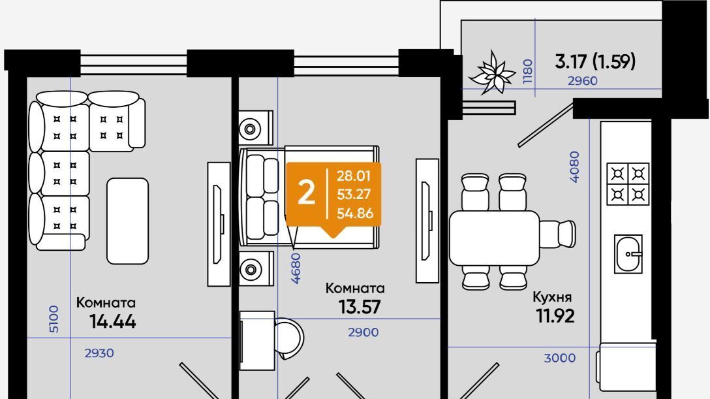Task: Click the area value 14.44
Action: click(113, 321)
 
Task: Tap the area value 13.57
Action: click(360, 307)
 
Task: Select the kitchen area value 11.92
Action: click(555, 315)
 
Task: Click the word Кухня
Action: click(552, 297)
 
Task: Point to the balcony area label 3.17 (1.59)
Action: click(595, 61)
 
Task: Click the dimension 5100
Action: click(54, 319)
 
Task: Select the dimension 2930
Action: click(99, 353)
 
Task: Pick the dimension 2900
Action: click(363, 332)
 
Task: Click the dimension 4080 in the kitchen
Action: click(574, 167)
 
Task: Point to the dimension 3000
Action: click(560, 359)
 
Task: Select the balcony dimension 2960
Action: click(583, 81)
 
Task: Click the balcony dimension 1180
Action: click(528, 71)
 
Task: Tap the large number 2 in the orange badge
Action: click(306, 193)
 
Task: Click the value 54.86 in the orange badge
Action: click(355, 213)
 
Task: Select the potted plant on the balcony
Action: click(492, 72)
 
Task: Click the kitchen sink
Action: click(628, 254)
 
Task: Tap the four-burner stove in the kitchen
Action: click(628, 184)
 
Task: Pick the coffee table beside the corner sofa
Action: click(128, 221)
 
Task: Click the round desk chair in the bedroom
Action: click(290, 339)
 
